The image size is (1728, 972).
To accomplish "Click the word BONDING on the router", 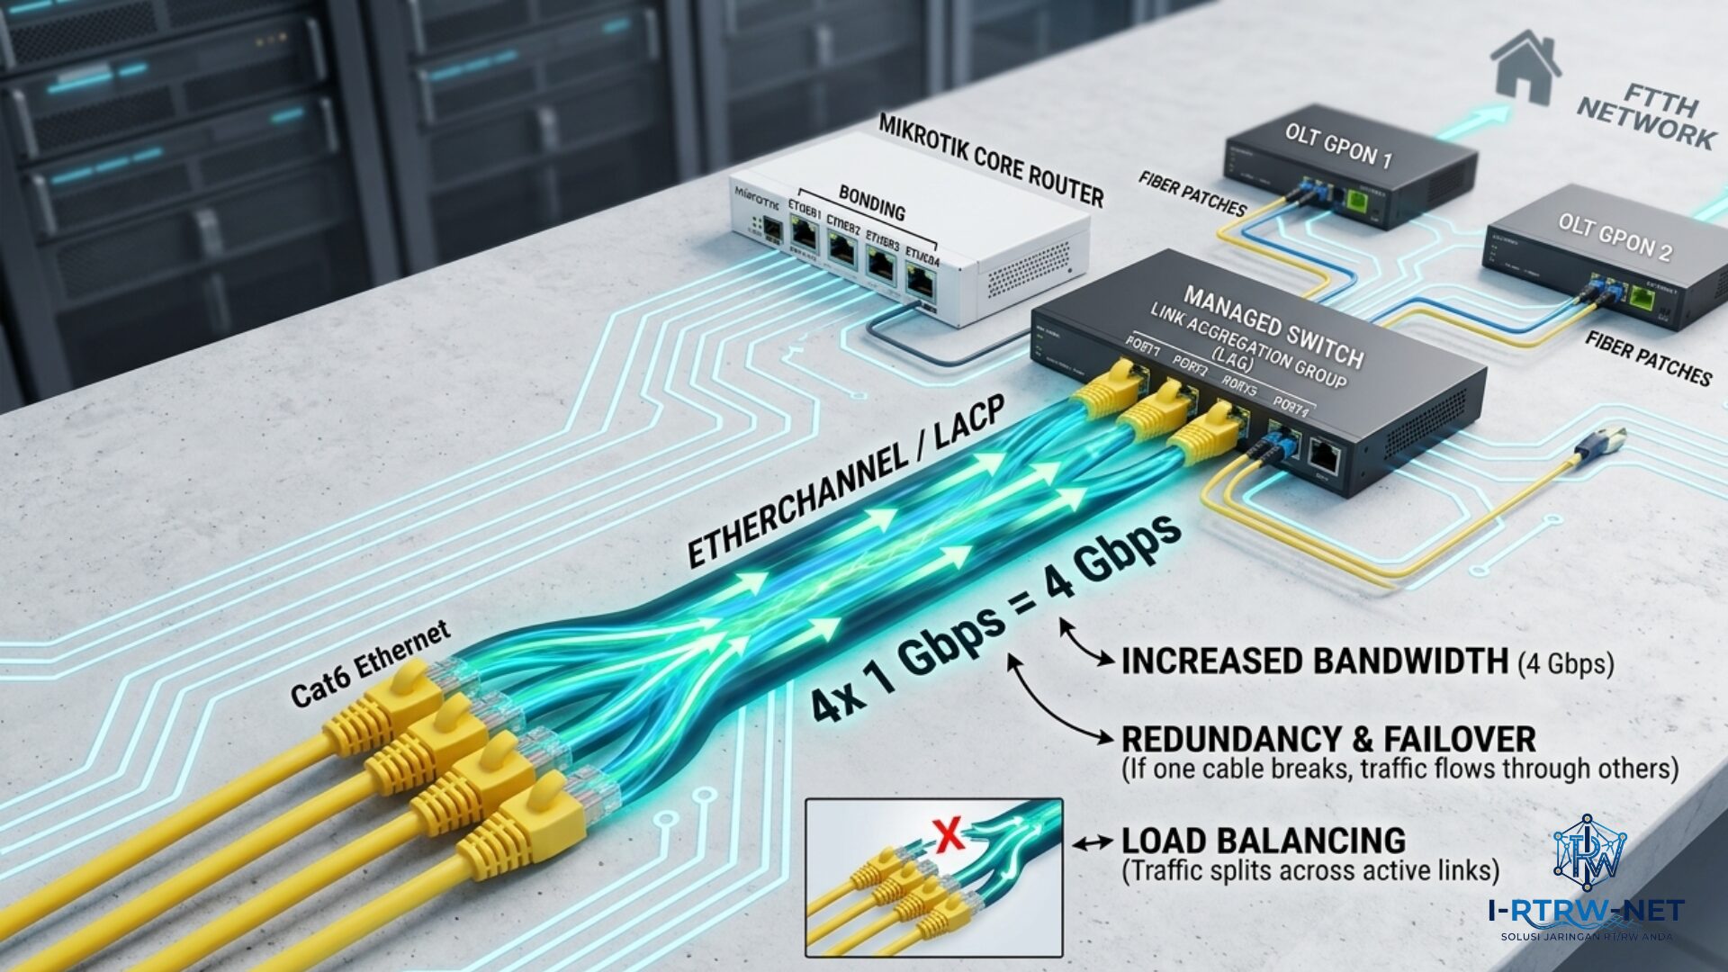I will click(x=871, y=203).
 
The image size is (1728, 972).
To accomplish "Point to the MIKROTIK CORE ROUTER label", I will click(x=990, y=159).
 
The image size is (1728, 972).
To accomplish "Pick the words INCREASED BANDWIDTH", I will click(x=1314, y=661).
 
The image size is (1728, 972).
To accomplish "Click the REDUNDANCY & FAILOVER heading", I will click(x=1328, y=739).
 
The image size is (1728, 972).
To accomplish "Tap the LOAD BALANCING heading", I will click(x=1263, y=841).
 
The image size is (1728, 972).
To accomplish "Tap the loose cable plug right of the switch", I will click(x=1606, y=440).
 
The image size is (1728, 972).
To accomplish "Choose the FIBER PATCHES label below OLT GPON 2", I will click(x=1648, y=357).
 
